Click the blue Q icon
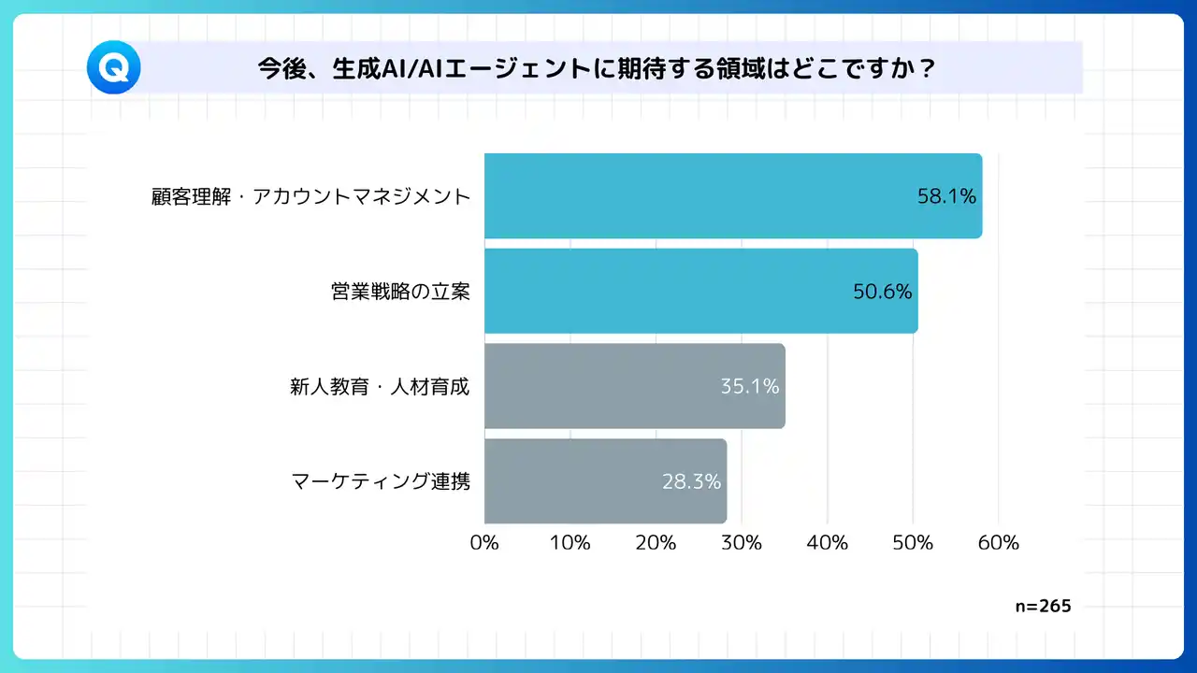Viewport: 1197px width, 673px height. pyautogui.click(x=113, y=68)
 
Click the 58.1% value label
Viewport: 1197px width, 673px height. pyautogui.click(x=946, y=196)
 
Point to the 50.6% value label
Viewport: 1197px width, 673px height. pyautogui.click(x=882, y=292)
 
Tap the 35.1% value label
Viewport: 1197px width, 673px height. pyautogui.click(x=750, y=386)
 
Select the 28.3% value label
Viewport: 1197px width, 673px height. pyautogui.click(x=691, y=481)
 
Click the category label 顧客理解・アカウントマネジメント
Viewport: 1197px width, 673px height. pyautogui.click(x=310, y=196)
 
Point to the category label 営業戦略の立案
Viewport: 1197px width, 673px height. pyautogui.click(x=400, y=292)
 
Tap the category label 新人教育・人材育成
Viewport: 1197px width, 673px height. pyautogui.click(x=380, y=386)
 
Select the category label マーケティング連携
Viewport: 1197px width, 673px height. pyautogui.click(x=381, y=481)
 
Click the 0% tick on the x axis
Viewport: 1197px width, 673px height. pyautogui.click(x=484, y=542)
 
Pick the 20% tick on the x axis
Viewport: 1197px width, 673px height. pyautogui.click(x=656, y=542)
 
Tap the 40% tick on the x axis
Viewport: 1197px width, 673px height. pyautogui.click(x=827, y=542)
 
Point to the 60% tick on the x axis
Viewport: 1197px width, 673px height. pyautogui.click(x=998, y=542)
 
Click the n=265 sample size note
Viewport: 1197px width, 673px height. pyautogui.click(x=1043, y=606)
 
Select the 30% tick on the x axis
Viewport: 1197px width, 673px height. pyautogui.click(x=742, y=542)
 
